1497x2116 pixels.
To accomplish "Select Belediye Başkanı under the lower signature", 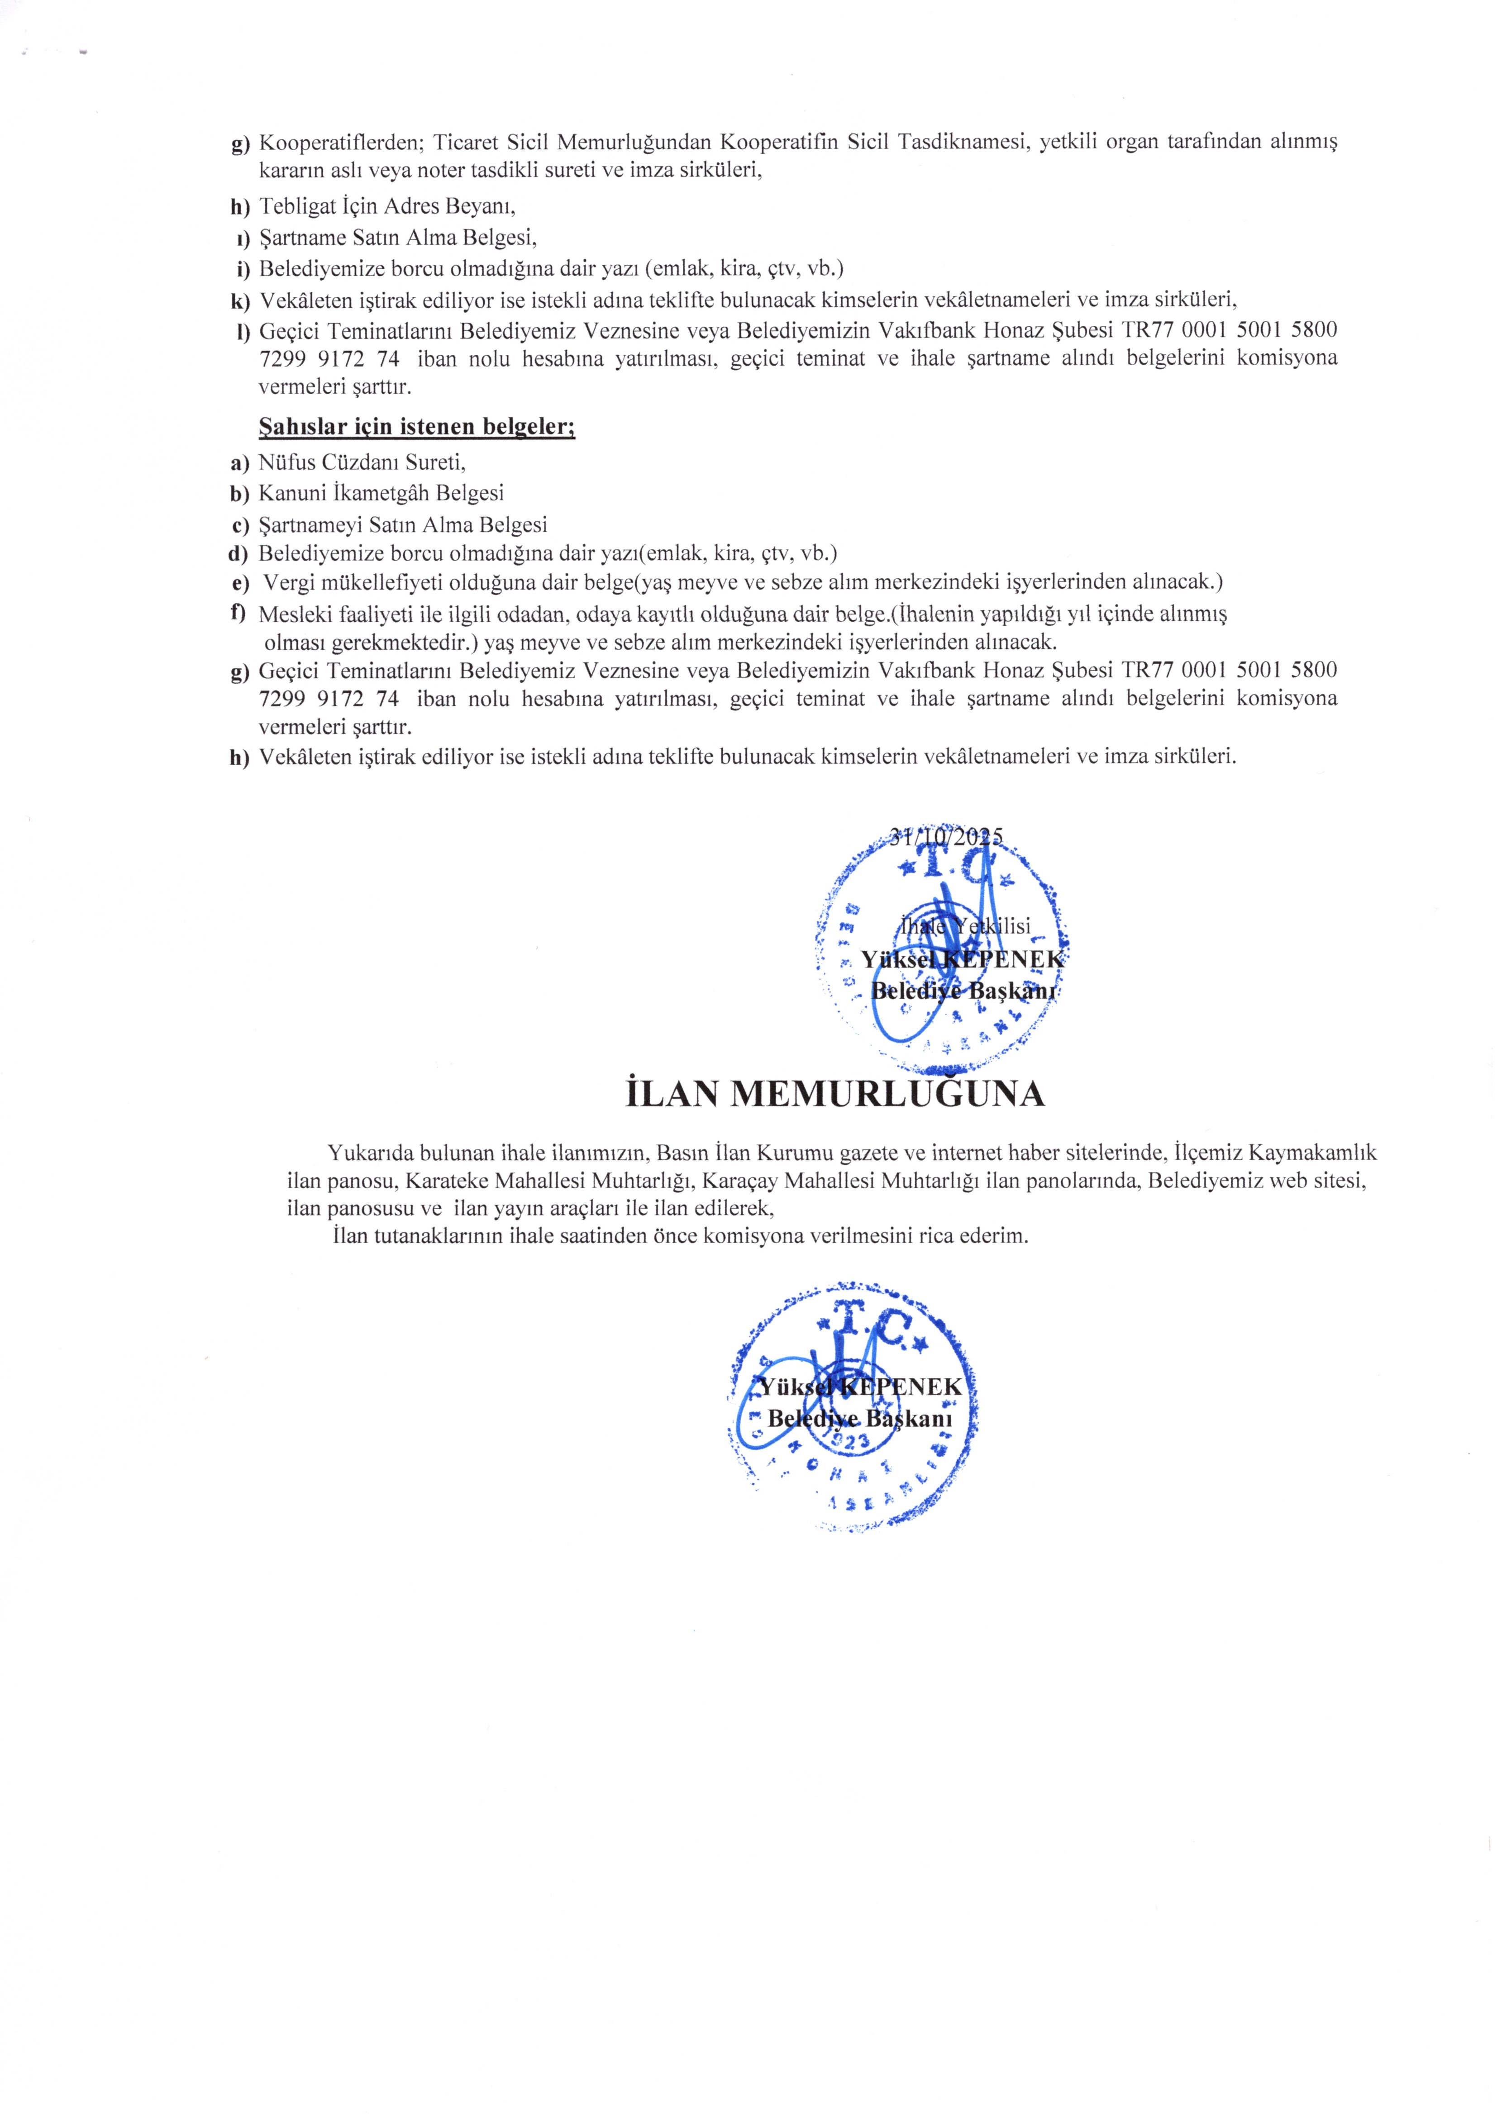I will [x=859, y=1418].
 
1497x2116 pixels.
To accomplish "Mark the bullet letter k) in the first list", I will [x=241, y=300].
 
